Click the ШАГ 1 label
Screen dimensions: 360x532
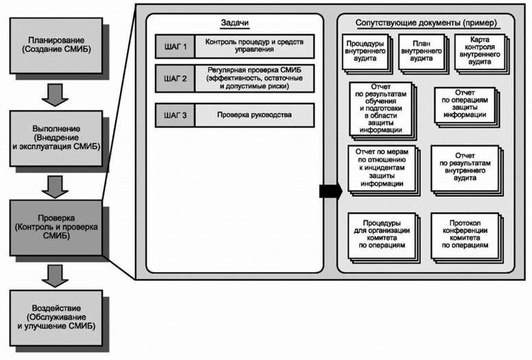(175, 46)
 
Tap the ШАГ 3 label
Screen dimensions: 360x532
(175, 115)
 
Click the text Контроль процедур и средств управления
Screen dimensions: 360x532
(254, 46)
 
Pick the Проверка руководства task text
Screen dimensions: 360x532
(254, 115)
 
